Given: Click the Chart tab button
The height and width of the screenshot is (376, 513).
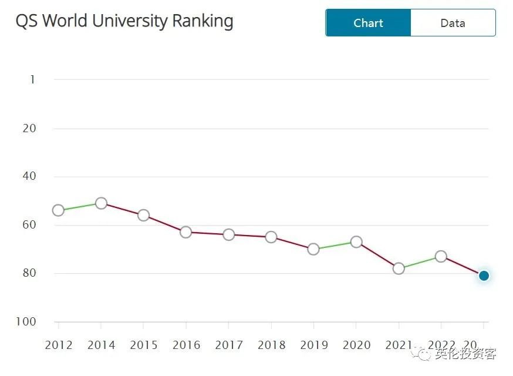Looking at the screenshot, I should (368, 23).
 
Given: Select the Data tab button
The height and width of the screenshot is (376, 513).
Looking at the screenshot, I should (453, 23).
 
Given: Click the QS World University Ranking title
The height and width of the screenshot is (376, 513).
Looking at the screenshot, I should (124, 21).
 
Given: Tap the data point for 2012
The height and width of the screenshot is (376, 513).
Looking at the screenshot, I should (58, 210).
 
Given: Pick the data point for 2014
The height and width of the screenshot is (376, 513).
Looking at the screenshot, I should (101, 203).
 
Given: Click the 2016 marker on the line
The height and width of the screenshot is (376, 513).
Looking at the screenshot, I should (186, 232).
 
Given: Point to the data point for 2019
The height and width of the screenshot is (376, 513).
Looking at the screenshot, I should (313, 249).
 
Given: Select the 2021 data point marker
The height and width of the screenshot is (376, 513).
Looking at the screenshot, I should (399, 268).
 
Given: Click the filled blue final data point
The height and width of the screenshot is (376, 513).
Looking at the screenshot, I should (484, 276).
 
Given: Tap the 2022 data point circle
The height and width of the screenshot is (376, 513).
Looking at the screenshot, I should (441, 256).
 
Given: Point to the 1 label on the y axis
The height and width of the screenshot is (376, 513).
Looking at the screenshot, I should (32, 79).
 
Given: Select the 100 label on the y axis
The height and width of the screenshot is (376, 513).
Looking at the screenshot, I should (26, 321).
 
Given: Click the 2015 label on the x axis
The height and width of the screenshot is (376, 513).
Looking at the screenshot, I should (144, 345).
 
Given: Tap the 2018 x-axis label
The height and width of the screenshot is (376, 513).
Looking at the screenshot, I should (271, 345).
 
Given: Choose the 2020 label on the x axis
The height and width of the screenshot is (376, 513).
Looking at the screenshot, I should (356, 345).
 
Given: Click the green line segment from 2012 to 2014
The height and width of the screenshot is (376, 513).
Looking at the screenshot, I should (80, 207).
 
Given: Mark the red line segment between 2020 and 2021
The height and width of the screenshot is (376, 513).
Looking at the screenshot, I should (377, 256).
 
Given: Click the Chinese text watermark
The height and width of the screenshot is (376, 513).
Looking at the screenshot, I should (465, 354).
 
